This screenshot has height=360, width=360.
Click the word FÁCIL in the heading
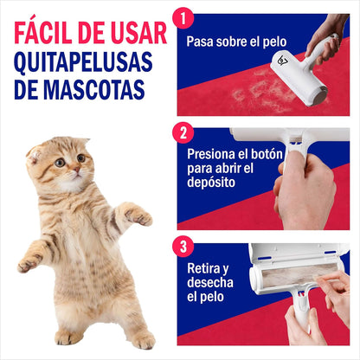coord(43,32)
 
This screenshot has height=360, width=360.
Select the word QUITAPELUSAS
coord(83,62)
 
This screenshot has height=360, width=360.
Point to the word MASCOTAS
coord(93,89)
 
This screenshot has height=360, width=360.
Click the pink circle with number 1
coord(183,18)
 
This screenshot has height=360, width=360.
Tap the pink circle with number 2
coord(183,132)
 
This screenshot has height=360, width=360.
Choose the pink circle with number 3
coord(183,247)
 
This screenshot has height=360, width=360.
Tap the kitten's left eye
coord(60,163)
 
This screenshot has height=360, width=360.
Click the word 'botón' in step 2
coord(267,154)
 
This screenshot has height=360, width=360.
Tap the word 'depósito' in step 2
coord(211,183)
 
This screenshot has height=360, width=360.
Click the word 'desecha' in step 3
coord(210,282)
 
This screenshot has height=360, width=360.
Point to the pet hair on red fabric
coord(260,89)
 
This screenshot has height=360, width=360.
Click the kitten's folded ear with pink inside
coord(34,155)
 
